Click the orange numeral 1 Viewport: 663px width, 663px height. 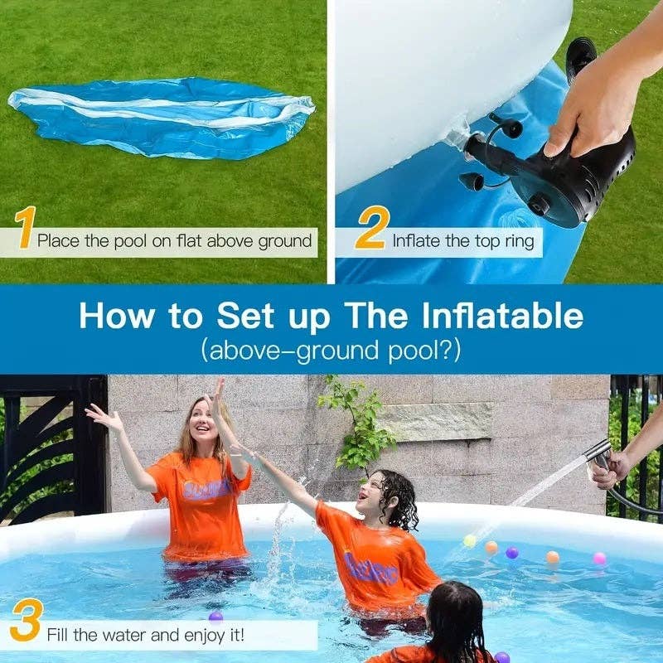pyautogui.click(x=26, y=229)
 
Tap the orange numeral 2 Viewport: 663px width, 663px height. pyautogui.click(x=371, y=229)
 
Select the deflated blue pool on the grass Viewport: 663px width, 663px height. pyautogui.click(x=162, y=116)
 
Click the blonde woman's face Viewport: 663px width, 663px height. pyautogui.click(x=202, y=423)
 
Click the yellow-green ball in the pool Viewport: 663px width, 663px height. pyautogui.click(x=470, y=541)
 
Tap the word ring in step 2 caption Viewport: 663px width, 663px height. pyautogui.click(x=521, y=241)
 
